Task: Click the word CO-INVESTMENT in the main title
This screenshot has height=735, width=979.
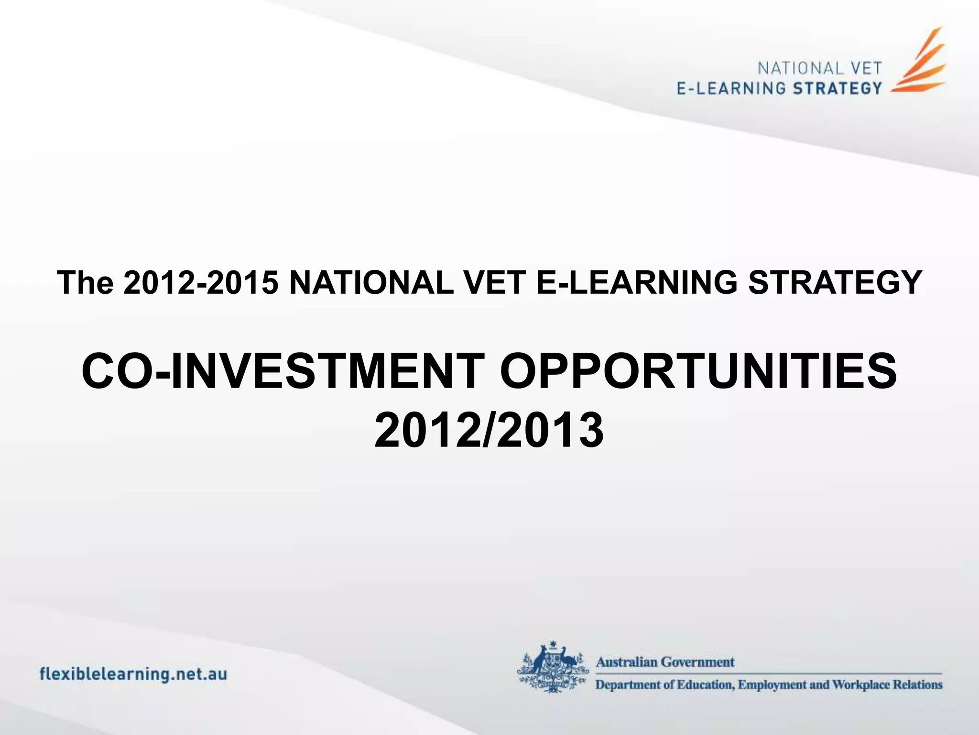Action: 283,371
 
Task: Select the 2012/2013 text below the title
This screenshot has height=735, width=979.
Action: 489,430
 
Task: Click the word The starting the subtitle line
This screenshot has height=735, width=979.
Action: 85,282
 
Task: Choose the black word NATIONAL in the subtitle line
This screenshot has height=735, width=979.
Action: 371,282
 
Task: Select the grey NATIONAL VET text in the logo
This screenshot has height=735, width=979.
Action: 819,68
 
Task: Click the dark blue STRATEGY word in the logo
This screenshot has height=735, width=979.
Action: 837,89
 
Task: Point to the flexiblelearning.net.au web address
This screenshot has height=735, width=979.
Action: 133,674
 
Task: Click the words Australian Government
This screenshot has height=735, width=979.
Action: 664,662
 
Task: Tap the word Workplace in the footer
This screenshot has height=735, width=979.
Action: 863,685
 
